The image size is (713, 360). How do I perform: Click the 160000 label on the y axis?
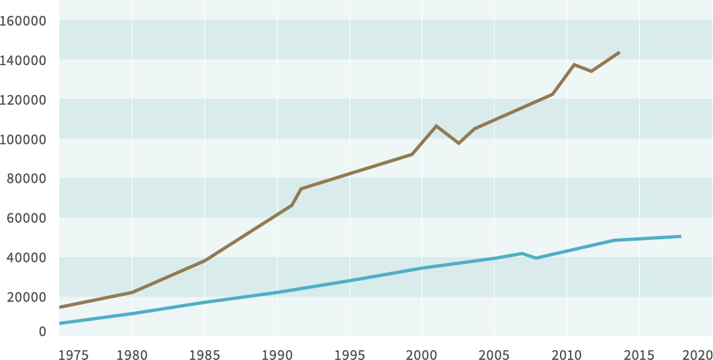[23, 20]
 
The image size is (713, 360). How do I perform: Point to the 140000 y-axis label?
[23, 60]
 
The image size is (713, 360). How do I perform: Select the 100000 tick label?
[23, 139]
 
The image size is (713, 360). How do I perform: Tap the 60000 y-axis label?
[26, 218]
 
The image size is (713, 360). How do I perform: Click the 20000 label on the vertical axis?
[26, 297]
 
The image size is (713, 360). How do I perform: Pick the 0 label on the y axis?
[42, 332]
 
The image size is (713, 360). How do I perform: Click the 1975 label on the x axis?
[73, 355]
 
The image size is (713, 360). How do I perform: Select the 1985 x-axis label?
[204, 355]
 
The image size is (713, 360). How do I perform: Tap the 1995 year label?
[350, 355]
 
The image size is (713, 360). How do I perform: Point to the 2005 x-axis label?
[495, 355]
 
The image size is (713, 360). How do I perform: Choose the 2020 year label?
[697, 355]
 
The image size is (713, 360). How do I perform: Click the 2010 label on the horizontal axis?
[567, 355]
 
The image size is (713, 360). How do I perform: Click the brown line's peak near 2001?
[436, 125]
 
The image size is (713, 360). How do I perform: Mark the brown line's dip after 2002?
[458, 143]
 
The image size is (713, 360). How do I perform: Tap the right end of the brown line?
[619, 52]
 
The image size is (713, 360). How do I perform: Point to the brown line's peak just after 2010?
[574, 65]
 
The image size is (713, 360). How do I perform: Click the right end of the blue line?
[680, 236]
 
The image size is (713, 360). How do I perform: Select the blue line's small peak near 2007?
[522, 253]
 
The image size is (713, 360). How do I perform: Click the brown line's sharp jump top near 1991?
[301, 189]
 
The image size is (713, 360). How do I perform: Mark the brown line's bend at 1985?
[204, 260]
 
